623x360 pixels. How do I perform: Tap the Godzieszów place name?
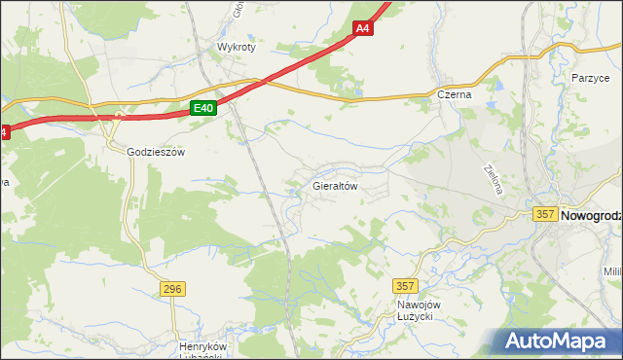coord(156,152)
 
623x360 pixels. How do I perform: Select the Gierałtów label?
coord(336,184)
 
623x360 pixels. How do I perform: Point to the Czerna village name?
coord(454,94)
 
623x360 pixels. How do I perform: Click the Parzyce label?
coord(590,77)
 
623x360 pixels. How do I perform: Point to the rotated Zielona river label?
coord(493,178)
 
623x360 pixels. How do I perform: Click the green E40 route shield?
coord(202,109)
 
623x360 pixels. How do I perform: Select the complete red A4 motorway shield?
coord(362,29)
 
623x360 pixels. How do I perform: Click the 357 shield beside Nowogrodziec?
coord(545,213)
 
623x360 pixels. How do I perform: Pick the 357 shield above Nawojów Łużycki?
coord(406,286)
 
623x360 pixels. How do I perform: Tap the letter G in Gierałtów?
coord(316,184)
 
